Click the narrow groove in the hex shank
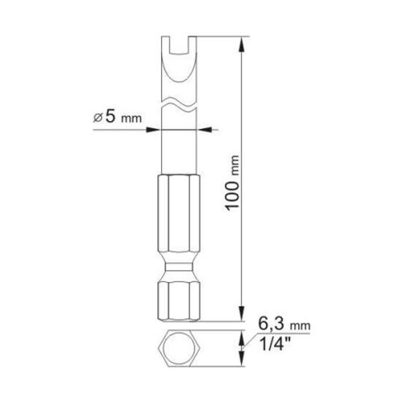click(x=177, y=267)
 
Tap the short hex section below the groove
click(x=177, y=298)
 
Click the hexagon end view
click(x=177, y=348)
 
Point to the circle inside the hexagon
click(x=177, y=348)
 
